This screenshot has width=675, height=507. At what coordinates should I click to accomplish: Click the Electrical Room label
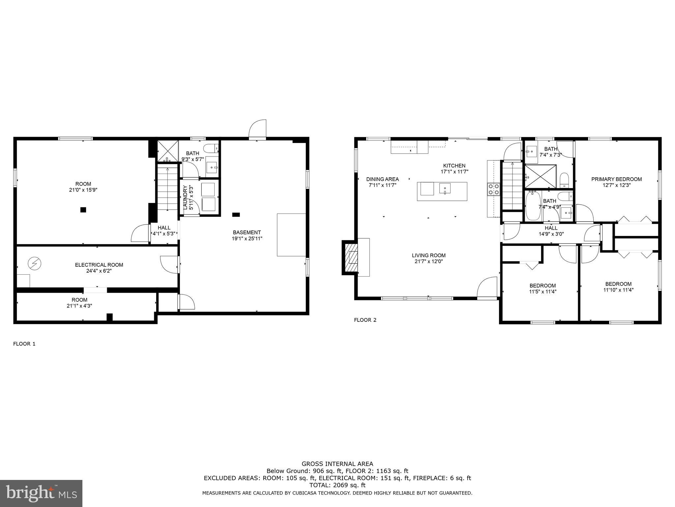pos(99,265)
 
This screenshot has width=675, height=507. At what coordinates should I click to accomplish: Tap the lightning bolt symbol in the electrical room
pos(34,263)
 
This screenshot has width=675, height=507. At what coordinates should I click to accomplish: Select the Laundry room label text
pos(185,197)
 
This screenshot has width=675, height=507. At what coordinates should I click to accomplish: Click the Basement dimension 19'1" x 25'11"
pos(247,238)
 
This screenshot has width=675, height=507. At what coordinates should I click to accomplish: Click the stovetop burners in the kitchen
pos(493,189)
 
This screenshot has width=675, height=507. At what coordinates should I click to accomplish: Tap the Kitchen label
pos(454,166)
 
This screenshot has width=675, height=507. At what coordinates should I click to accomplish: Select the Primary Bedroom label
pos(616,179)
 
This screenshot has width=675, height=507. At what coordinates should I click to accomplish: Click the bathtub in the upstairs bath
pos(533,206)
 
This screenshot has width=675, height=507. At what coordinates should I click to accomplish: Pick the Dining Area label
pos(382,179)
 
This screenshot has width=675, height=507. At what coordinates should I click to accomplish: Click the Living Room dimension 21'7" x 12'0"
pos(428,261)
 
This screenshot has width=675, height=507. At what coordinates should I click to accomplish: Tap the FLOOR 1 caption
pos(24,344)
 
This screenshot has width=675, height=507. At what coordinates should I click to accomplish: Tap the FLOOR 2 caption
pos(365,320)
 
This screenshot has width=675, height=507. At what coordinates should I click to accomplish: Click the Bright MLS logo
pos(41,493)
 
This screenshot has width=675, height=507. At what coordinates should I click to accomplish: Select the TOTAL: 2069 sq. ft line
pos(337,485)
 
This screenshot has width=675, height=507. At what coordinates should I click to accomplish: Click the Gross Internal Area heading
pos(337,464)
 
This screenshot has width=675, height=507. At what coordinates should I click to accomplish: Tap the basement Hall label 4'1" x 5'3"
pos(164,230)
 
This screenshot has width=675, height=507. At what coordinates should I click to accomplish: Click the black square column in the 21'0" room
pos(83,210)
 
